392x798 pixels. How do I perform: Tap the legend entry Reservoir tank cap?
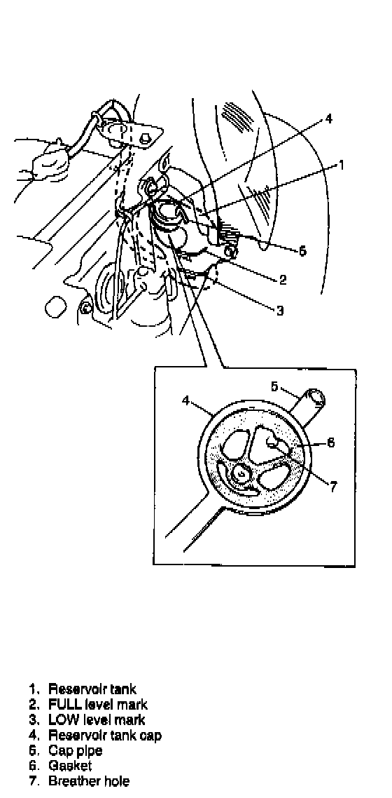coord(105,735)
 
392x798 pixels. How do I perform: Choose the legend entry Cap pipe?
coord(75,751)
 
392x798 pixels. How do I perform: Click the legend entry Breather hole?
coord(89,780)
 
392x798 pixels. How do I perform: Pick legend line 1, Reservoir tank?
coord(92,689)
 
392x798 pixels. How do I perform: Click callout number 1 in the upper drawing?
coord(342,164)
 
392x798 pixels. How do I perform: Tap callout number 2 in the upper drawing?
coord(283,279)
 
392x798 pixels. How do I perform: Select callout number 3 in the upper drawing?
coord(280,310)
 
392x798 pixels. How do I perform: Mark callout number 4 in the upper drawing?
coord(328,119)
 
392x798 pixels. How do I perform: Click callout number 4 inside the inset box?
coord(185,400)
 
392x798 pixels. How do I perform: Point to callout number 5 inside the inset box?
coord(274,387)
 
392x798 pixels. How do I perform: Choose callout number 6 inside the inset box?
coord(330,442)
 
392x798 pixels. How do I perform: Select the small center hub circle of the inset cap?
coord(239,474)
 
